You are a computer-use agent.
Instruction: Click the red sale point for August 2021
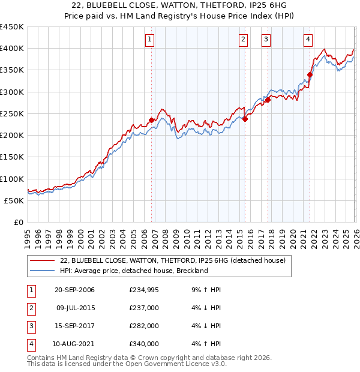tap(310, 74)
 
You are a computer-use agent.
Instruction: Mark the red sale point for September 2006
tap(151, 120)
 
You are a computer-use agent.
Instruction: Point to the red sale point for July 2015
tap(245, 119)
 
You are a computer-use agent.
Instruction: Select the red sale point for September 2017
tap(268, 100)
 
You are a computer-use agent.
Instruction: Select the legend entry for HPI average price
tap(133, 271)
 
